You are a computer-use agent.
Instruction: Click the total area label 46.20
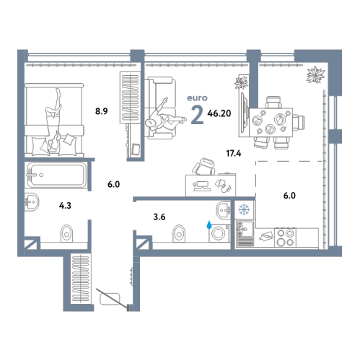(x=219, y=113)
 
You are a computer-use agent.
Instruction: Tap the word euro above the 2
(x=197, y=98)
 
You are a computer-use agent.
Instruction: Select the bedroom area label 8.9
(x=102, y=111)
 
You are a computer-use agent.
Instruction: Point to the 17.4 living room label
(x=234, y=153)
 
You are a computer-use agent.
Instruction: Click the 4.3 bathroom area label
(x=65, y=206)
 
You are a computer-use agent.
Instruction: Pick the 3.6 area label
(x=159, y=217)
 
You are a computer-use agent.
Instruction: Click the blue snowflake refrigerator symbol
(x=244, y=209)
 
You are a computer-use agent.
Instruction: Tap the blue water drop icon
(x=209, y=225)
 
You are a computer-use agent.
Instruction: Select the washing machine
(x=219, y=233)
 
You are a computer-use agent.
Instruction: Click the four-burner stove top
(x=286, y=238)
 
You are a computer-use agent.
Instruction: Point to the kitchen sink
(x=245, y=233)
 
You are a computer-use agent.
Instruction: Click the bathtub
(x=56, y=175)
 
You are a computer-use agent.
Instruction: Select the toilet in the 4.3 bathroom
(x=66, y=233)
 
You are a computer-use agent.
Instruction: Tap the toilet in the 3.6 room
(x=179, y=233)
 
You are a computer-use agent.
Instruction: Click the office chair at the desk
(x=204, y=166)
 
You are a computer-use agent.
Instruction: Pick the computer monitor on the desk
(x=202, y=186)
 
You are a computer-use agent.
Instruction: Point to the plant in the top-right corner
(x=315, y=74)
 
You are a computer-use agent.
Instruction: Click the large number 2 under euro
(x=197, y=115)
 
